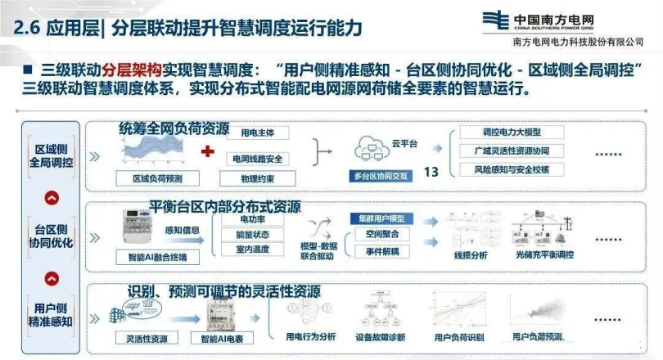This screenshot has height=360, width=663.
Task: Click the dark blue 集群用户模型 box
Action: [x=381, y=218]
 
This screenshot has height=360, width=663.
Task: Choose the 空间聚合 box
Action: [x=381, y=234]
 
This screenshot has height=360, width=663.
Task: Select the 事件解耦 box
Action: [x=381, y=251]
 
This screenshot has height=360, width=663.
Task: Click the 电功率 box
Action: [x=250, y=219]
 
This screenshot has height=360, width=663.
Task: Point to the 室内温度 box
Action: [x=250, y=251]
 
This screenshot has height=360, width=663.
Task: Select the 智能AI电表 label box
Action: [x=216, y=337]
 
